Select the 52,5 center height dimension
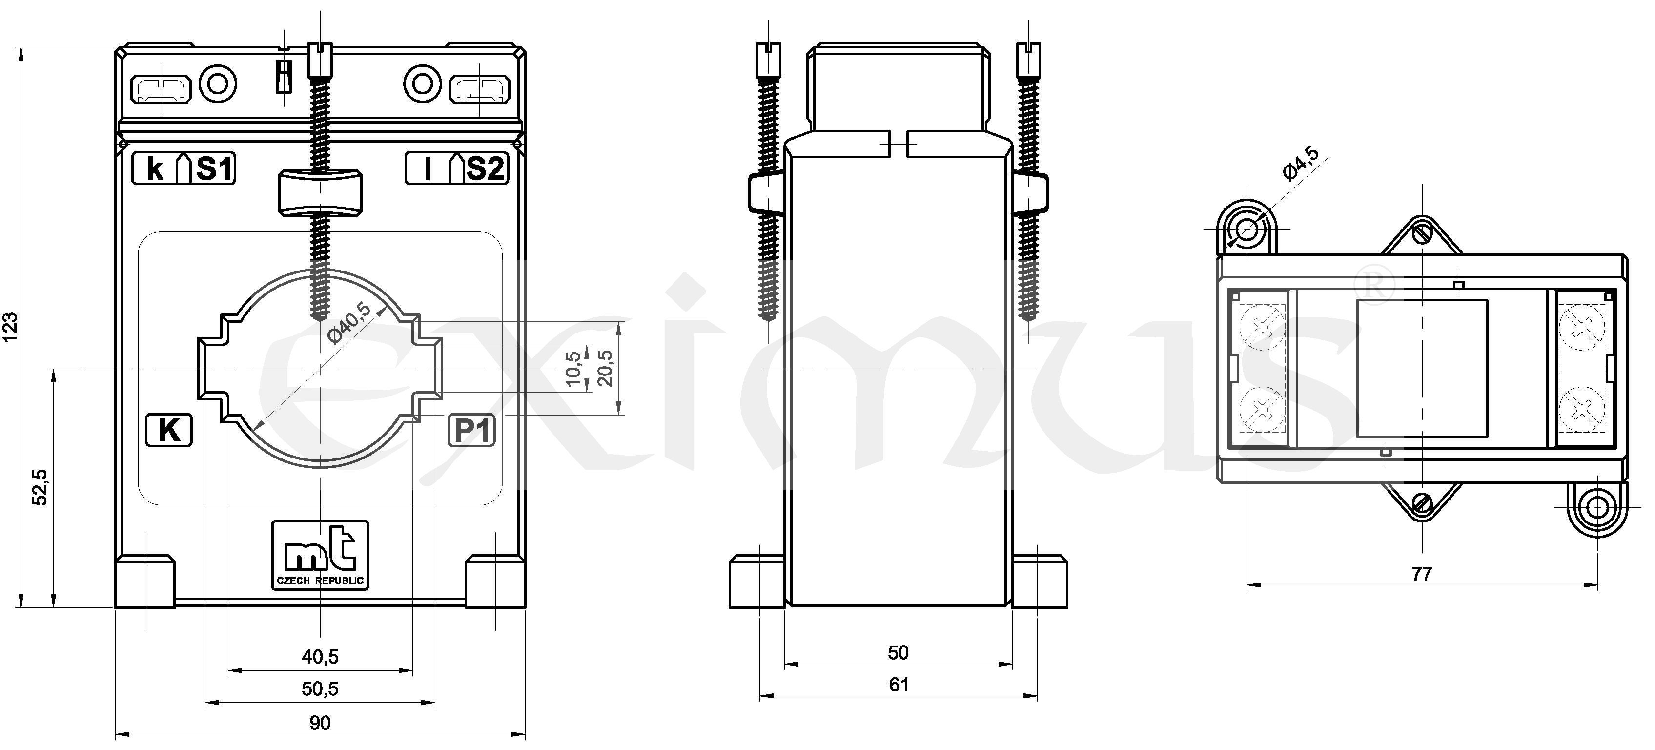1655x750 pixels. [41, 487]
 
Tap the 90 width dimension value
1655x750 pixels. [320, 724]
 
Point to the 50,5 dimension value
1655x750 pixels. [320, 689]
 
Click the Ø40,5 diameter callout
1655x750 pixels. [349, 323]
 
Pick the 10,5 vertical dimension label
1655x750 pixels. [574, 369]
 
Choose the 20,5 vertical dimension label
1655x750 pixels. [605, 368]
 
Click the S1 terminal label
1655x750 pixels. [214, 169]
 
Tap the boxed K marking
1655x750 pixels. [169, 430]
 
